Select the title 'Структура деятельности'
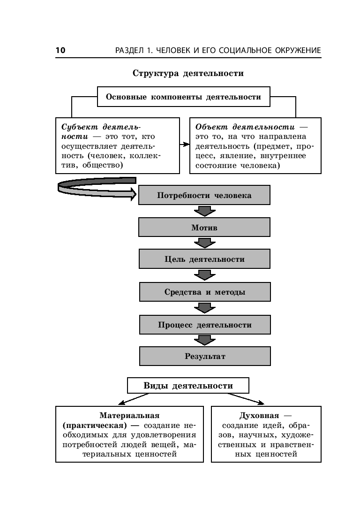pyautogui.click(x=188, y=73)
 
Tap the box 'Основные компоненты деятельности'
pyautogui.click(x=183, y=97)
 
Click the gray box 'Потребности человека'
pyautogui.click(x=204, y=195)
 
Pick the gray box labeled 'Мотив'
pyautogui.click(x=204, y=228)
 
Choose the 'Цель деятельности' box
pyautogui.click(x=204, y=259)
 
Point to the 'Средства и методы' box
pyautogui.click(x=204, y=292)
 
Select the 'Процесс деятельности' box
pyautogui.click(x=204, y=325)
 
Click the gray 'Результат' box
pyautogui.click(x=204, y=356)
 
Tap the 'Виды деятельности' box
pyautogui.click(x=188, y=386)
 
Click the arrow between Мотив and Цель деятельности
pyautogui.click(x=204, y=243)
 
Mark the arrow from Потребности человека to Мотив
pyautogui.click(x=204, y=211)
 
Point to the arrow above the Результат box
pyautogui.click(x=204, y=340)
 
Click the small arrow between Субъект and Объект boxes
pyautogui.click(x=185, y=146)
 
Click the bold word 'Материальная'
pyautogui.click(x=129, y=416)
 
